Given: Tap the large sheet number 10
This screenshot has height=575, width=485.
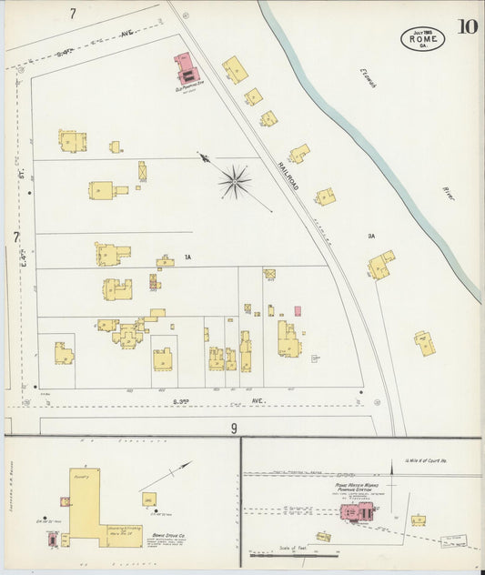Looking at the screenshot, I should click(468, 26).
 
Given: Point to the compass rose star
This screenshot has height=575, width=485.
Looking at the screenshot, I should click(234, 181).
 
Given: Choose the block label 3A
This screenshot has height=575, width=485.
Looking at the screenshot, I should click(371, 236).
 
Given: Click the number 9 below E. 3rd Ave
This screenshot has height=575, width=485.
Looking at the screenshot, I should click(234, 428).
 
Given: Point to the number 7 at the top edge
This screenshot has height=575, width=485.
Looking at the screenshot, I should click(72, 14).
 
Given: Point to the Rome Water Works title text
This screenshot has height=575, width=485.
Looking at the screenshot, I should click(354, 486).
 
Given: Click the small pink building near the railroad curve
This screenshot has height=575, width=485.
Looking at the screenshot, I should click(298, 311).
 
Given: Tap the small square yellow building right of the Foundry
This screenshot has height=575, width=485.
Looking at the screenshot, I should click(148, 499).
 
